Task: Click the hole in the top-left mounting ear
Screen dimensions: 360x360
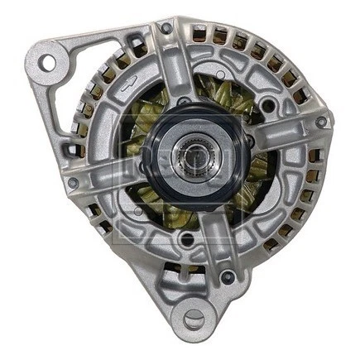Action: (x=47, y=62)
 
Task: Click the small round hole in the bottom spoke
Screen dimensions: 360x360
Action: (x=187, y=240)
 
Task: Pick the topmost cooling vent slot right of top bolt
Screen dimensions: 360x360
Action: (x=199, y=33)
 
